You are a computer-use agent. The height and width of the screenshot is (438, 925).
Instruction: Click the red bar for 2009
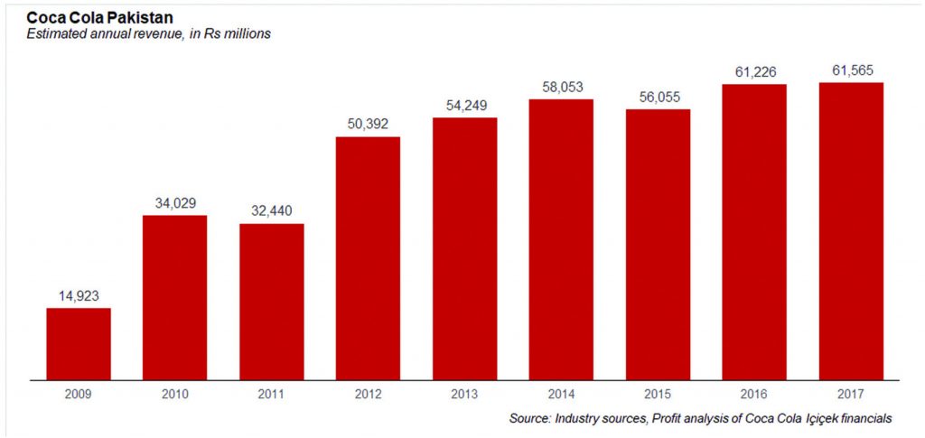pyautogui.click(x=79, y=343)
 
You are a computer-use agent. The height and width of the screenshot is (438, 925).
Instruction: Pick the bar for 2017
pyautogui.click(x=851, y=230)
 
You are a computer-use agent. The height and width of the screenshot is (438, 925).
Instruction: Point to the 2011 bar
pyautogui.click(x=271, y=301)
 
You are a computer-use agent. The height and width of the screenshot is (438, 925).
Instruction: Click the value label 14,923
pyautogui.click(x=79, y=295)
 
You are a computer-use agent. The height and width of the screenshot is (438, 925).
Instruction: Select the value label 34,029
pyautogui.click(x=174, y=202)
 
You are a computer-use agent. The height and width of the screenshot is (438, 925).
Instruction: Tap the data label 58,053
pyautogui.click(x=561, y=86)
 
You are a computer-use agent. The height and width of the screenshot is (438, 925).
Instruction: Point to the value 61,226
pyautogui.click(x=754, y=71)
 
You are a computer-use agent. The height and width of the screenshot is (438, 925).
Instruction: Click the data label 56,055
pyautogui.click(x=658, y=97)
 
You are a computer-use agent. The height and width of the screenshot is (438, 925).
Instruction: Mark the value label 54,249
pyautogui.click(x=464, y=105)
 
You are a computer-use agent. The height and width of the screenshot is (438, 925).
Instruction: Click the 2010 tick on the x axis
pyautogui.click(x=174, y=395)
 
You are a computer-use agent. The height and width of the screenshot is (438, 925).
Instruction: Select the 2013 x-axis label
pyautogui.click(x=464, y=395)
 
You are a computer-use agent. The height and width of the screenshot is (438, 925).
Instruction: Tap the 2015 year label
pyautogui.click(x=658, y=395)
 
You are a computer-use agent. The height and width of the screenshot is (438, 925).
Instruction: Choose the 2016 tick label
pyautogui.click(x=754, y=395)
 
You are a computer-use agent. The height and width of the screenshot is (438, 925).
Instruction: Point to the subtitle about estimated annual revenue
pyautogui.click(x=149, y=34)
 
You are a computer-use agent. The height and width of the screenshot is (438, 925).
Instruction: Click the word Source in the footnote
pyautogui.click(x=529, y=418)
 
